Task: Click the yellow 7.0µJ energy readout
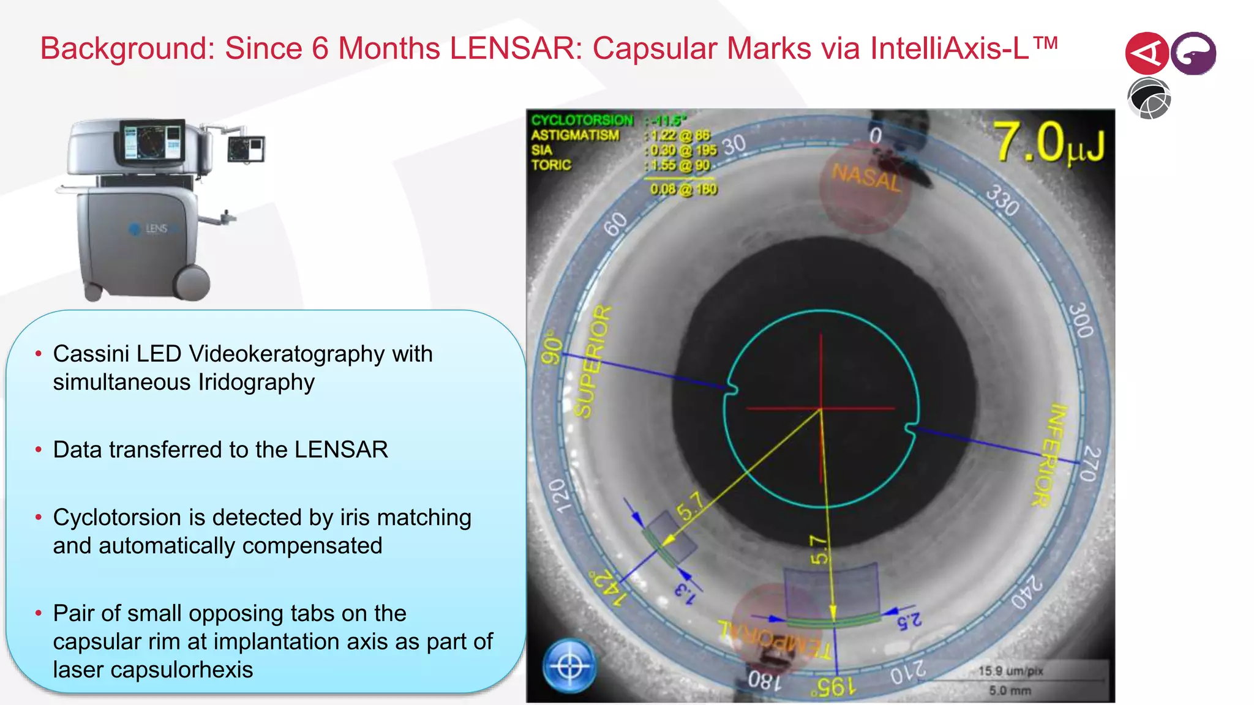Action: [1048, 143]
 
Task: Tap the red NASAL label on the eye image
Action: [866, 177]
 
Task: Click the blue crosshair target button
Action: [569, 666]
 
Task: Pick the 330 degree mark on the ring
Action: [1002, 201]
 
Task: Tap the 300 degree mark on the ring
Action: [1081, 319]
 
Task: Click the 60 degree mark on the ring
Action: [615, 224]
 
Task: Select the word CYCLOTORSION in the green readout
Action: [582, 120]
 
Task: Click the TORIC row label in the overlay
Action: [551, 165]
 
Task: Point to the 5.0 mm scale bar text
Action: [1010, 690]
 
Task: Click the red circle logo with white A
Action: [1146, 54]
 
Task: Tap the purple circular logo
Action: [1193, 54]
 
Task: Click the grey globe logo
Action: [1149, 99]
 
